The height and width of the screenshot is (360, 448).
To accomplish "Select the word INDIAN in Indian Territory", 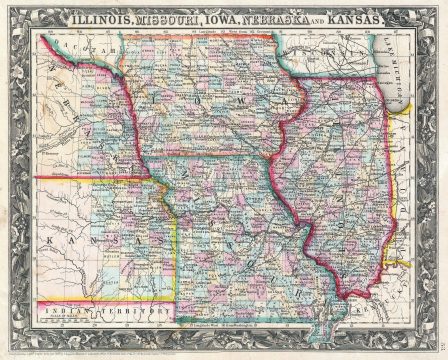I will tap(71, 312).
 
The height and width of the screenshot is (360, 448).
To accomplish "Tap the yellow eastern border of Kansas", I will tap(176, 250).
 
